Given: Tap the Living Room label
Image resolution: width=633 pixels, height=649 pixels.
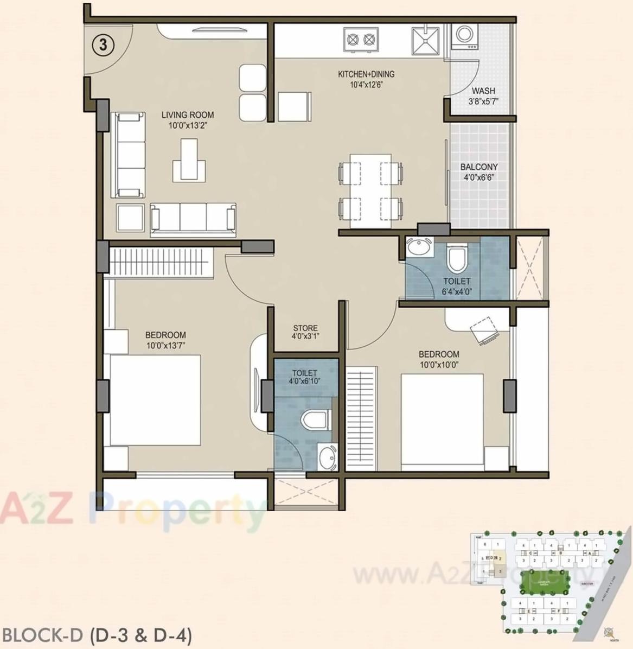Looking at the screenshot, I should tap(188, 115).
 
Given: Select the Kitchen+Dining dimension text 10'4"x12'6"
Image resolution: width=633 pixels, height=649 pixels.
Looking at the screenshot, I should tap(367, 85).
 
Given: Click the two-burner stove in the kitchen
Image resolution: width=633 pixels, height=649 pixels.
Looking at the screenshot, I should tap(361, 39).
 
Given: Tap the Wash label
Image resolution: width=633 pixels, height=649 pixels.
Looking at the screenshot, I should tap(483, 91).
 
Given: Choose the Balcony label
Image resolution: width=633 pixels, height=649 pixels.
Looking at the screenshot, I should tap(479, 167).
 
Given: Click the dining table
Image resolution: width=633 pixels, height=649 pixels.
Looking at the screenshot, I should tap(370, 191).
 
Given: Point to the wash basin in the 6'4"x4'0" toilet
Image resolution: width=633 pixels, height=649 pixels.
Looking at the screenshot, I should tap(418, 248).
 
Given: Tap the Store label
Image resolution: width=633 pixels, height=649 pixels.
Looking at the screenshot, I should tap(305, 328).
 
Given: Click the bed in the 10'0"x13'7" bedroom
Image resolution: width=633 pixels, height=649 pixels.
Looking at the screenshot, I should tap(155, 400).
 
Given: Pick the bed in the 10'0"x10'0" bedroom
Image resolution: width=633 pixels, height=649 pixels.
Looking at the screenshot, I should tap(442, 421).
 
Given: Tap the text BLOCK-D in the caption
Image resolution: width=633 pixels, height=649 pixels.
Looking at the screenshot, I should tap(42, 635).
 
